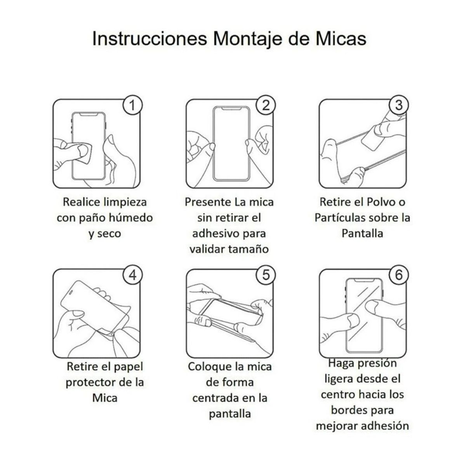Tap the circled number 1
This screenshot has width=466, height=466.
pos(133,105)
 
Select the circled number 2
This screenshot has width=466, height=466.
pos(266,105)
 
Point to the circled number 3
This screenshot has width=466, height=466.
pos(399,105)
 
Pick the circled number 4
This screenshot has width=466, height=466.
pos(133,275)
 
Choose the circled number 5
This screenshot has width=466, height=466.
pos(266,275)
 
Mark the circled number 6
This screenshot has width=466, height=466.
pos(399,275)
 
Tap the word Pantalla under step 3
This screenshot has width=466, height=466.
pos(362,234)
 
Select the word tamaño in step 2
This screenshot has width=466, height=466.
pos(250,249)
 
